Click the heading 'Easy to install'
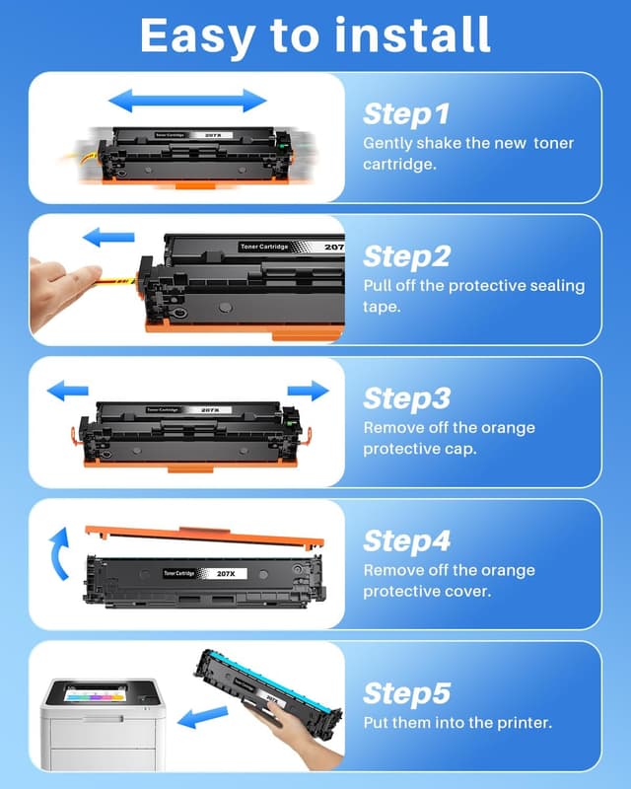[x=315, y=36]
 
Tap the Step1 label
[x=406, y=113]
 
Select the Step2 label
[x=407, y=256]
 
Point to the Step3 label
[x=407, y=398]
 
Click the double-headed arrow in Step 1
[x=187, y=100]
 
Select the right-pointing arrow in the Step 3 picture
[x=308, y=391]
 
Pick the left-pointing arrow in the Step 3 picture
[x=69, y=391]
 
